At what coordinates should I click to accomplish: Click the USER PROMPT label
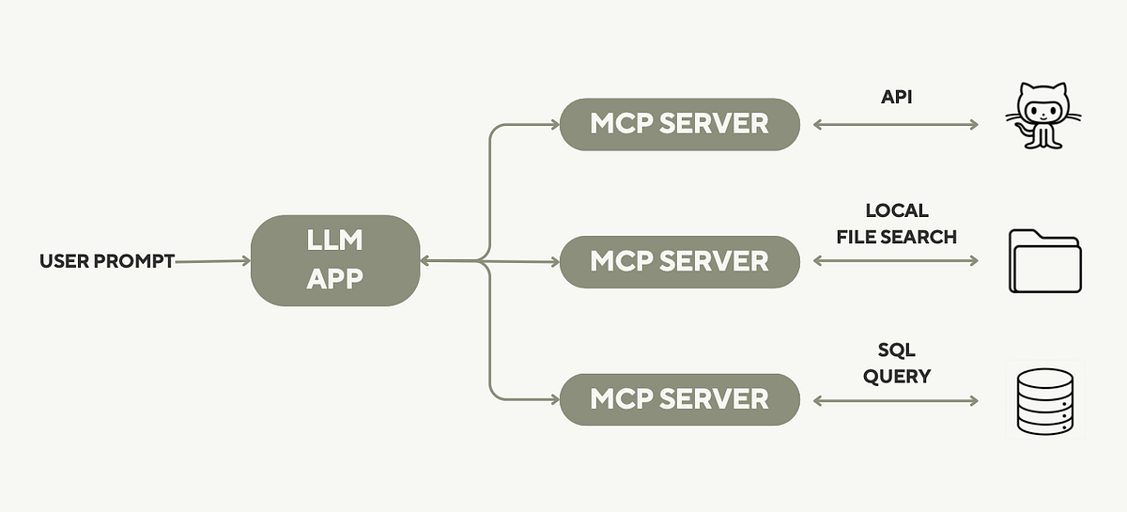106,261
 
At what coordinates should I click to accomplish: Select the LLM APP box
334,260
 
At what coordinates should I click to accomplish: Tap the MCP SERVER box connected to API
679,123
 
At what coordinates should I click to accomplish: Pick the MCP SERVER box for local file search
679,261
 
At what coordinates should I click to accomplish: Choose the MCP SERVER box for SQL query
679,399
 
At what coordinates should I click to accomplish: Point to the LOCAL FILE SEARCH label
897,224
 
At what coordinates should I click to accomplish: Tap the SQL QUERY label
897,363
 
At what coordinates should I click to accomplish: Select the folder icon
1044,262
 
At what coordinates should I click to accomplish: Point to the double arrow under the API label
896,124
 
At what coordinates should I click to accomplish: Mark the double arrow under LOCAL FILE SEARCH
896,261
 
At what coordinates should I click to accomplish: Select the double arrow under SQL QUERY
896,400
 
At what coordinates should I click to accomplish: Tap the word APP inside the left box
334,279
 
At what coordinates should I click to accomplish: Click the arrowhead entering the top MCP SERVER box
553,124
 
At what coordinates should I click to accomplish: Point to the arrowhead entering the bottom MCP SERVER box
553,399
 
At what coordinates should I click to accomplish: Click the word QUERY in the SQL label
897,376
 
